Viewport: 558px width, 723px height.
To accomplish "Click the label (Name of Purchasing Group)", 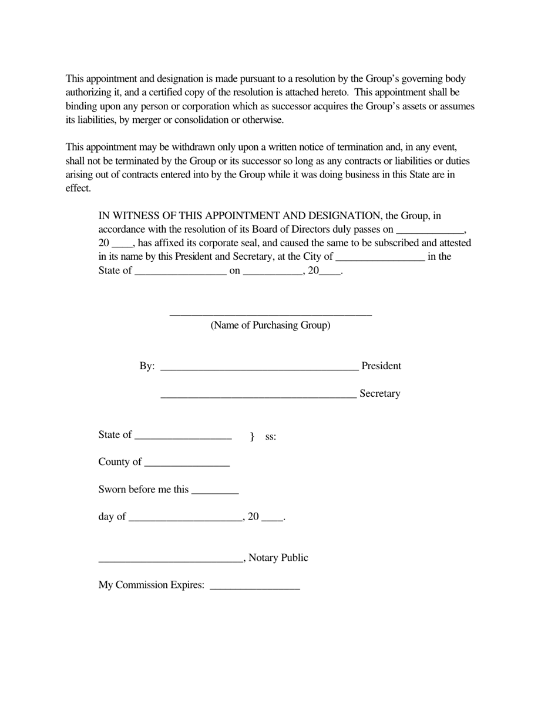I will (270, 325).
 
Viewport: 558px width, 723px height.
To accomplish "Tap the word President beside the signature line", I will (381, 366).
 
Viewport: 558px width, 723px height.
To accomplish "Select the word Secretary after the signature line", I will (379, 393).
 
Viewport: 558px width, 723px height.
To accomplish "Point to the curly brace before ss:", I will (252, 436).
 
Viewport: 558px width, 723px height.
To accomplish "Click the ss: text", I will (271, 436).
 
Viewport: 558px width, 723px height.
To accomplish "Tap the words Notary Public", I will (278, 557).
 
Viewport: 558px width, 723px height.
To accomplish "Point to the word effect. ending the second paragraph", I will (78, 188).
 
